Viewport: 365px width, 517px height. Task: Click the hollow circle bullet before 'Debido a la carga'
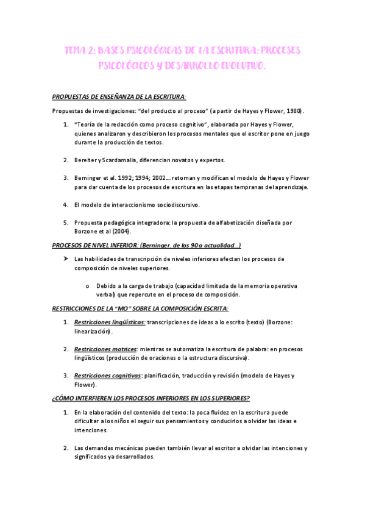coord(88,285)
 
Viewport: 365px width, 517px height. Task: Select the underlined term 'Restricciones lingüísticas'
coord(109,322)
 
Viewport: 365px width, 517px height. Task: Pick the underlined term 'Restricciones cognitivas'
coord(107,376)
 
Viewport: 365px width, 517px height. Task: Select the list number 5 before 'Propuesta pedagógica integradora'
coord(66,223)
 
